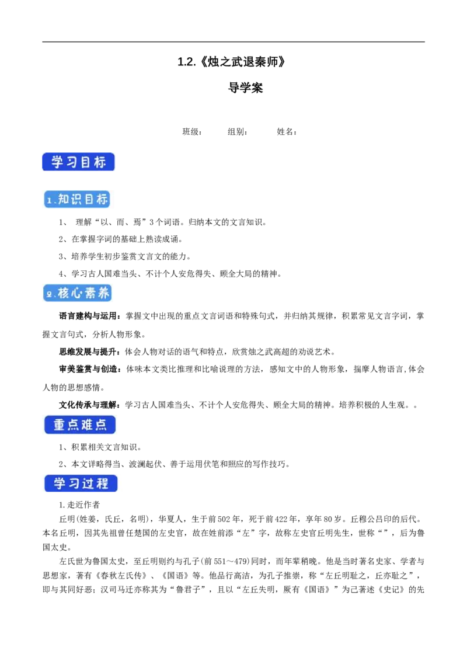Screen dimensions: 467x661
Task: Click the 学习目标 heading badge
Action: (x=78, y=162)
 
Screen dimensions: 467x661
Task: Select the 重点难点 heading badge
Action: (x=80, y=425)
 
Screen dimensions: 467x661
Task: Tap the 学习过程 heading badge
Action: (x=81, y=483)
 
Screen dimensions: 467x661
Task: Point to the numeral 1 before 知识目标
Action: (x=49, y=200)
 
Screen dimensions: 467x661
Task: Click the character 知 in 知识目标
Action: (x=64, y=199)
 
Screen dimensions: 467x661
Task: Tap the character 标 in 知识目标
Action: (x=102, y=199)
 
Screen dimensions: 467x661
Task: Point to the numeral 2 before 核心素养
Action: (x=49, y=294)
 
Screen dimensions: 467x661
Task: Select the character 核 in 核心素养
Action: (x=63, y=293)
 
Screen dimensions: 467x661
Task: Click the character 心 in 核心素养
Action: (x=77, y=293)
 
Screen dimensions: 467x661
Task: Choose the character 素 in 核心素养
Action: (x=90, y=293)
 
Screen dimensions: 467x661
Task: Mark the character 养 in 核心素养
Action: (x=103, y=293)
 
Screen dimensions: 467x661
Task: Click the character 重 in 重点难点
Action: (x=60, y=425)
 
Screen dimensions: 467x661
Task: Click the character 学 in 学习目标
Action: (x=57, y=162)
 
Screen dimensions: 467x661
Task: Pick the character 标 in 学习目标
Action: (x=100, y=162)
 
